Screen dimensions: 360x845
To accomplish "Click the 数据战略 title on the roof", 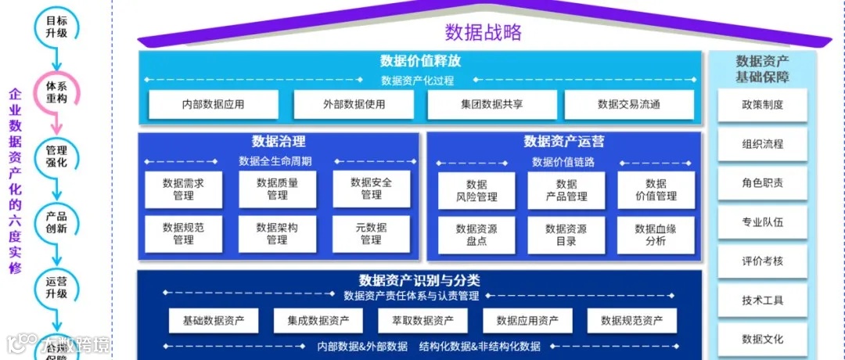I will (483, 32).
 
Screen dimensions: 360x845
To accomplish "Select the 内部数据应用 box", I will (213, 104).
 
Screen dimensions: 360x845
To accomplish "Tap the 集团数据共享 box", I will (492, 104).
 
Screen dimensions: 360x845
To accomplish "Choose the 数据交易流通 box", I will (628, 104).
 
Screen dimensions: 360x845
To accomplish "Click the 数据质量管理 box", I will (277, 189).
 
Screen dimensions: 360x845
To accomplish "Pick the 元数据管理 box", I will (371, 233).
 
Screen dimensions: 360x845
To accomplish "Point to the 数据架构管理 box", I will (277, 233).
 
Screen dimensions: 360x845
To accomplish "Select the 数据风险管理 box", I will (476, 190).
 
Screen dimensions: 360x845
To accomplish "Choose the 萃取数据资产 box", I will (422, 320).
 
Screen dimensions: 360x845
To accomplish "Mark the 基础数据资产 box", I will (214, 320).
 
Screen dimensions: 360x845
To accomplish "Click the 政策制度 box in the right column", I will (762, 105).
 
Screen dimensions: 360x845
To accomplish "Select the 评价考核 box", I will (762, 261).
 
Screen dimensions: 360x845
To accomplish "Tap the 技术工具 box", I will (762, 301).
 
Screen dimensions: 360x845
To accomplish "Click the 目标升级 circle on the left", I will (56, 26).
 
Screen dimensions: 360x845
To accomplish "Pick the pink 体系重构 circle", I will (56, 92).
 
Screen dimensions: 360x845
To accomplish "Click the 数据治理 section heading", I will (278, 142).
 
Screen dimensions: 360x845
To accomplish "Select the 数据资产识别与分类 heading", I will (419, 280).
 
